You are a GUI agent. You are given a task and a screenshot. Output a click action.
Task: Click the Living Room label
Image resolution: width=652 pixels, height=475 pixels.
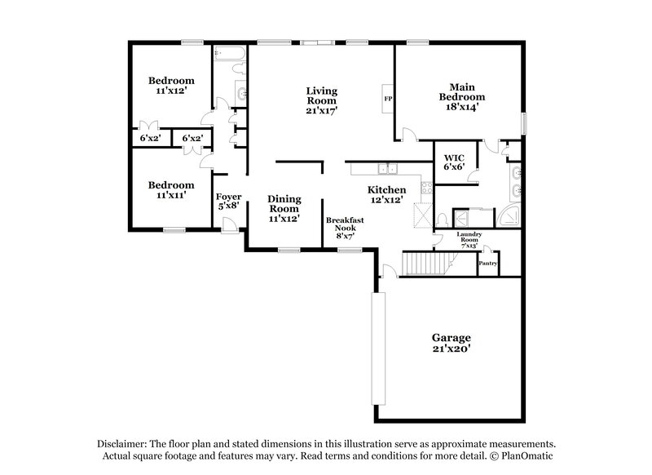[x=322, y=100]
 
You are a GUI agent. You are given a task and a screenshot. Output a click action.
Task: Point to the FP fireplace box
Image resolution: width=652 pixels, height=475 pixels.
[x=388, y=99]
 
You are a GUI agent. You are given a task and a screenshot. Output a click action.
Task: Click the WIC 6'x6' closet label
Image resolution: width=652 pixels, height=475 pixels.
[x=454, y=161]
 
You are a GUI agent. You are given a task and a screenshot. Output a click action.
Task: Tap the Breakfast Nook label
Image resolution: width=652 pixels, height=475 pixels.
[x=344, y=226]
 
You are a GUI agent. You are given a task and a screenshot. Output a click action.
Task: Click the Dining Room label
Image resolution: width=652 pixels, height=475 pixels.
[x=284, y=208]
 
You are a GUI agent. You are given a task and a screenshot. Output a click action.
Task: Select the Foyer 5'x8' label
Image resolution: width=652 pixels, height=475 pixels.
[x=227, y=202]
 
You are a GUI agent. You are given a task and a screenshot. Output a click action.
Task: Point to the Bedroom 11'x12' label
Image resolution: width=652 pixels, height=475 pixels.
[x=171, y=86]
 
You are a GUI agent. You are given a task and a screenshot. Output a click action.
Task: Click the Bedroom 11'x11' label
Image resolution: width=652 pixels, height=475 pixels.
[x=171, y=190]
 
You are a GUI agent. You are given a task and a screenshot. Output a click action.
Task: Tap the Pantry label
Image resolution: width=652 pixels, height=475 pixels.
[x=487, y=264]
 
